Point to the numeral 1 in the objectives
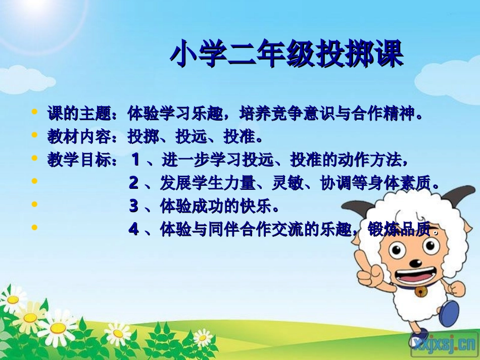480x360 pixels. pos(135,160)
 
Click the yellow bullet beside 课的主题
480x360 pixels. pos(34,112)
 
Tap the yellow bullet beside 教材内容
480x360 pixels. pos(34,135)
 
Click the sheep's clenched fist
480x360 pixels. pos(456,288)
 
